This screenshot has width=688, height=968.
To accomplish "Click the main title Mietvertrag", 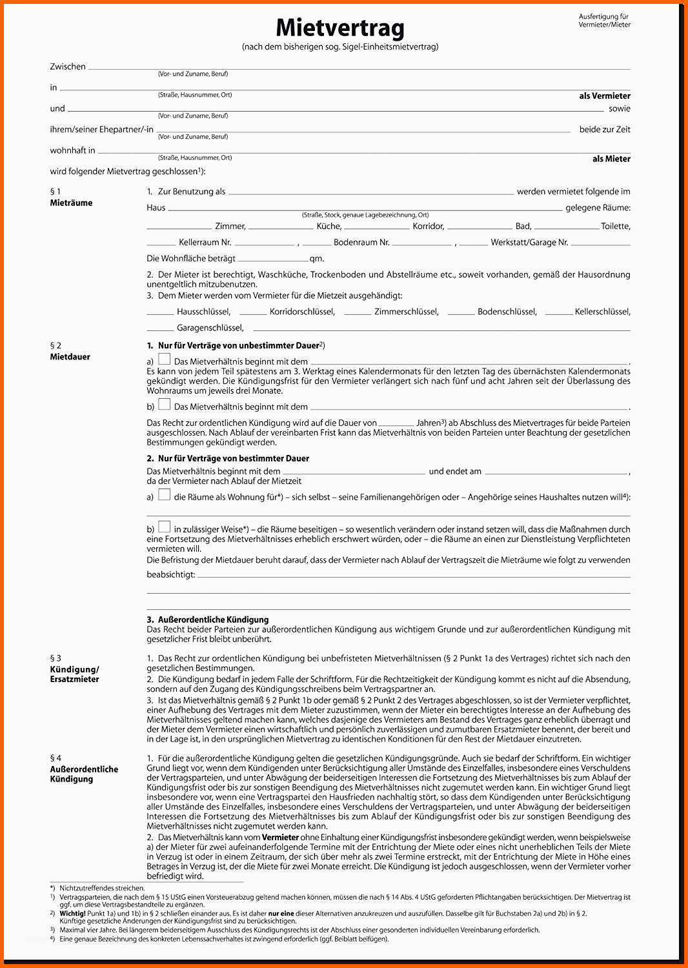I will tap(340, 28).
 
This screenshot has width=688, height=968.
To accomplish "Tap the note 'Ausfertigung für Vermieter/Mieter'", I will tap(604, 21).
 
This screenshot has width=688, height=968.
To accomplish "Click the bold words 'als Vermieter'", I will tap(604, 96).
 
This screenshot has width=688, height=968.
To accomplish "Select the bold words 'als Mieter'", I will tap(611, 159).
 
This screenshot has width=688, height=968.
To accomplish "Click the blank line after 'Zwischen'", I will tap(359, 68).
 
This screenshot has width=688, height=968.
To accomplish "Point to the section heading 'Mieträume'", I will tap(71, 203).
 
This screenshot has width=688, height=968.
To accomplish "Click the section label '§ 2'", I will tap(56, 346).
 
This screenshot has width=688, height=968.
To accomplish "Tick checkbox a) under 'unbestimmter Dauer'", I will tap(165, 359).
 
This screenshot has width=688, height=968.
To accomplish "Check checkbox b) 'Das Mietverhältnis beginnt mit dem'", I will tap(165, 405).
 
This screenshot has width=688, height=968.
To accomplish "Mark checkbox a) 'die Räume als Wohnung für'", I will tap(165, 495).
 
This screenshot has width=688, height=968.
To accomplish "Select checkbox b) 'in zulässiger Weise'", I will tap(165, 527).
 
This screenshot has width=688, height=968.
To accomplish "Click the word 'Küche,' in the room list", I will tap(329, 227).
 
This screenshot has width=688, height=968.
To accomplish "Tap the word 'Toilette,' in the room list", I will tap(615, 227).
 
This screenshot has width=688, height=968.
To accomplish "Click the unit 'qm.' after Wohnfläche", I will tap(316, 259).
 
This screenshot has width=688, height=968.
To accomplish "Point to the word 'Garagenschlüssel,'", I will tap(210, 328).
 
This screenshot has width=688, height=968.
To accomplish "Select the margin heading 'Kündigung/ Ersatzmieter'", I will tap(74, 674).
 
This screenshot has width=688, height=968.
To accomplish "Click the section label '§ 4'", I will tap(56, 758).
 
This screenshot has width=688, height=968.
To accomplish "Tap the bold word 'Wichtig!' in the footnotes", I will tap(72, 914).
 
